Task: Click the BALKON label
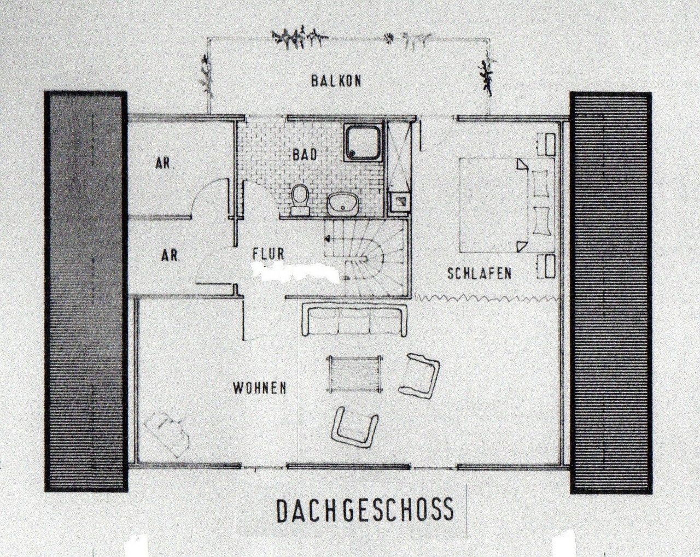pyautogui.click(x=336, y=81)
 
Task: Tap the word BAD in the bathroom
pyautogui.click(x=305, y=155)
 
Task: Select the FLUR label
pyautogui.click(x=269, y=254)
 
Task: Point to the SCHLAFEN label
pyautogui.click(x=479, y=273)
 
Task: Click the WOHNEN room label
pyautogui.click(x=260, y=388)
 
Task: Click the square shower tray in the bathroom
pyautogui.click(x=363, y=143)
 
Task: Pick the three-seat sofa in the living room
pyautogui.click(x=354, y=320)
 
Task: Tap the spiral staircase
pyautogui.click(x=366, y=257)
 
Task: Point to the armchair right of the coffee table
pyautogui.click(x=419, y=375)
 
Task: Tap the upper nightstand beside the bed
pyautogui.click(x=546, y=144)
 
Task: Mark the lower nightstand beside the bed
pyautogui.click(x=546, y=266)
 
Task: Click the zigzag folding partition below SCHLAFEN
pyautogui.click(x=488, y=297)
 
